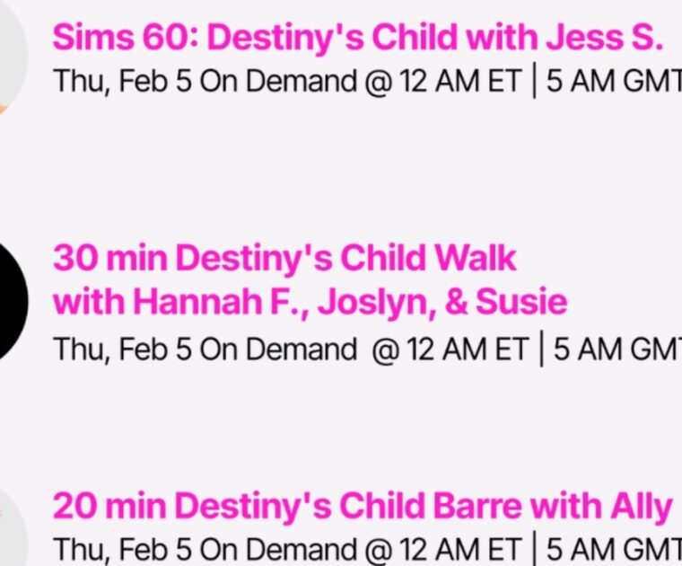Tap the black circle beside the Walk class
point(11,301)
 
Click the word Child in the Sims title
point(410,37)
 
